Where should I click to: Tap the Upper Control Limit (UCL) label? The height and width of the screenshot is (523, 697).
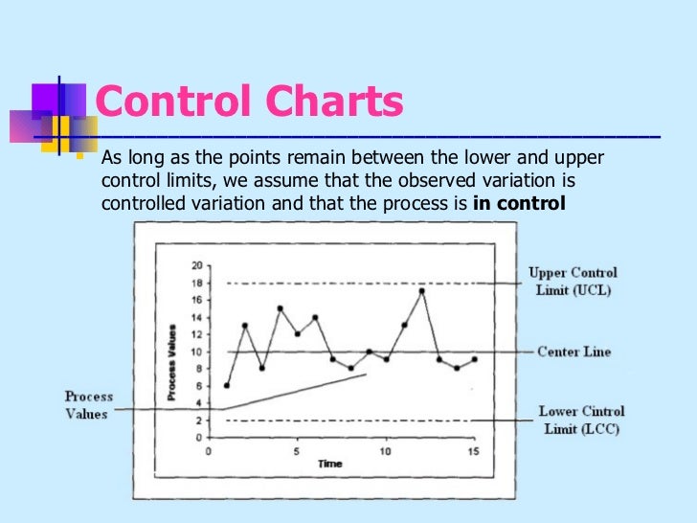[573, 281]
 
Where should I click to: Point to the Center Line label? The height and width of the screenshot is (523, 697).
[573, 352]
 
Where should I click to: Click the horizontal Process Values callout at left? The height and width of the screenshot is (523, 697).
[89, 405]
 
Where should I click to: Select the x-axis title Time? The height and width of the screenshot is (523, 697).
[330, 464]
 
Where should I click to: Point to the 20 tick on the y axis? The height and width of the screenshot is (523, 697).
[196, 265]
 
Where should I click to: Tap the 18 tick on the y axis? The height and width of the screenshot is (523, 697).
[196, 283]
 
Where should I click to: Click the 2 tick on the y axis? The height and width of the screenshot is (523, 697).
[198, 421]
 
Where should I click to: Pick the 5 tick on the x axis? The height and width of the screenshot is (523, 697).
[298, 450]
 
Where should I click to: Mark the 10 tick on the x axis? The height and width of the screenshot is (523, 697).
[386, 450]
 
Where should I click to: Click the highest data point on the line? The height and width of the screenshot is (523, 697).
[421, 291]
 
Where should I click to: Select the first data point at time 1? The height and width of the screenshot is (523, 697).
[227, 386]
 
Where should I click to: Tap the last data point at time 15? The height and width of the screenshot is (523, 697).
[474, 360]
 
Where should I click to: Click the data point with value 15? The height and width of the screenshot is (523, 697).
[280, 308]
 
